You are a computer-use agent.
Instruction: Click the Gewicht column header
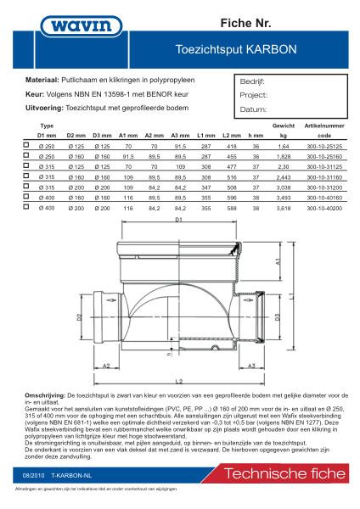pyautogui.click(x=284, y=125)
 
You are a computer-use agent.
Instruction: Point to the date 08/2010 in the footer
pyautogui.click(x=35, y=478)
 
